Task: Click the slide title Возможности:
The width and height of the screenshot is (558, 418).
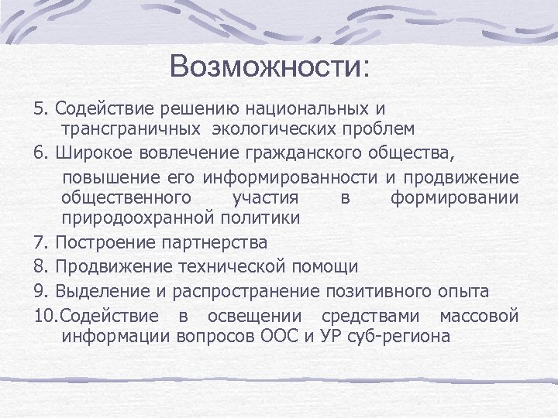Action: pos(270,67)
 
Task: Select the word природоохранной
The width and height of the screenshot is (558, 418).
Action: pos(136,218)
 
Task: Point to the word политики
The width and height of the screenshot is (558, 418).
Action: pos(257,218)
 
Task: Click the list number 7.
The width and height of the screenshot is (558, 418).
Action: pos(39,242)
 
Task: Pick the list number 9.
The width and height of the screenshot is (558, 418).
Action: pos(39,292)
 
